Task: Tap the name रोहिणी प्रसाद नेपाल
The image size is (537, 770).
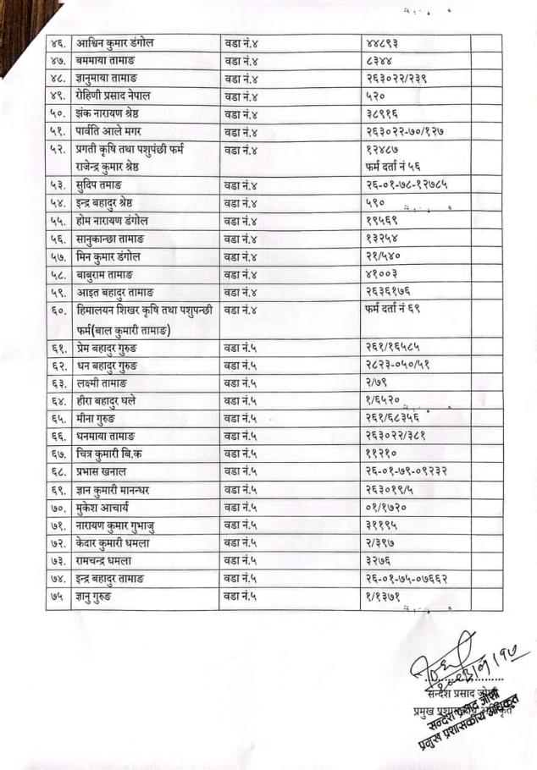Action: click(x=122, y=96)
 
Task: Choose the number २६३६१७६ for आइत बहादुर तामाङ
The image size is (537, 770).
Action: click(x=389, y=292)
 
